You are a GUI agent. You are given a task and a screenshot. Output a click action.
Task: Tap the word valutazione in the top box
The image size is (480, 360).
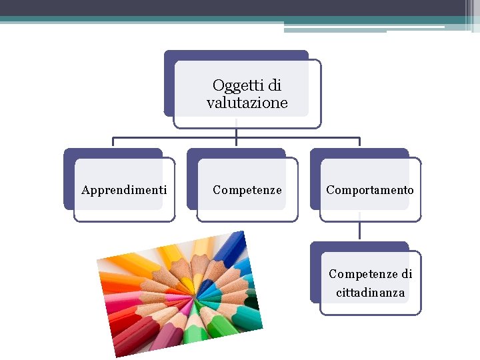(247, 103)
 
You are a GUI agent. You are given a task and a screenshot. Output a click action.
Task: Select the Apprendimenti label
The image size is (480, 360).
(124, 190)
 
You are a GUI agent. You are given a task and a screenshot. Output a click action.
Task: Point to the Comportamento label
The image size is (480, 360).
(369, 190)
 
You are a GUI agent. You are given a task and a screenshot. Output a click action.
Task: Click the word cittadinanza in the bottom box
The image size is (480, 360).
(370, 293)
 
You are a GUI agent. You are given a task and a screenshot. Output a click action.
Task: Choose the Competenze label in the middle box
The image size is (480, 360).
(247, 190)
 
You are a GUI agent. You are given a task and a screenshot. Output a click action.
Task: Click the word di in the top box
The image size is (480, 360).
(273, 86)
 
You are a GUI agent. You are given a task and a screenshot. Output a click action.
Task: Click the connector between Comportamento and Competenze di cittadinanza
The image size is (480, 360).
(359, 231)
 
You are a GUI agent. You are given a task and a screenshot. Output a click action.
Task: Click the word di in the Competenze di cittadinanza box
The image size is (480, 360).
(407, 274)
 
